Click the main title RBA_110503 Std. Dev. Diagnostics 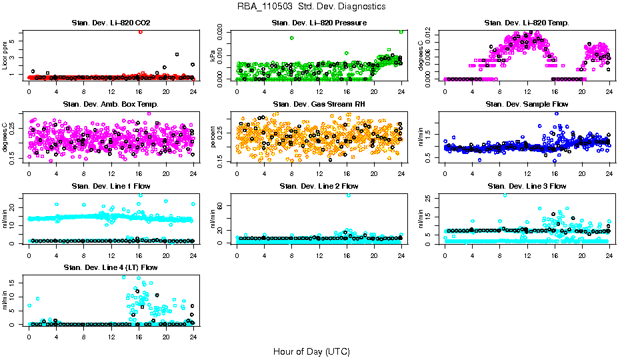311,7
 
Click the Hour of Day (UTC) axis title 311,351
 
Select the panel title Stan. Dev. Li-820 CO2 111,23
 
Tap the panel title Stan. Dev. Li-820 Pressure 319,23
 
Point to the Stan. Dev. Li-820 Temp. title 527,23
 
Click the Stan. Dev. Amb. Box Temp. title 111,105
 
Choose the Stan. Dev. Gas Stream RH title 319,105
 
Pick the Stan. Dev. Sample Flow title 527,105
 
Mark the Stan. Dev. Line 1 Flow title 111,186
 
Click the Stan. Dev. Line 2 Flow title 319,186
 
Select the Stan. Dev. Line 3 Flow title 527,186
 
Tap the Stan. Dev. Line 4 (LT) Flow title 111,267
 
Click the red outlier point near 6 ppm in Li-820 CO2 140,31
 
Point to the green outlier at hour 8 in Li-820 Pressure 292,38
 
